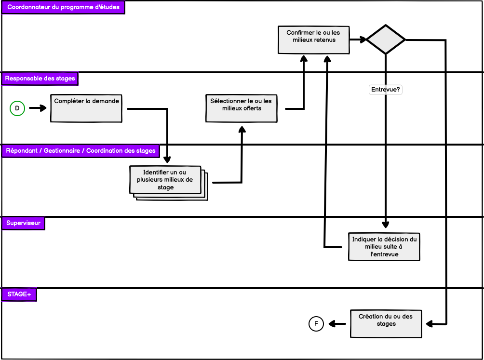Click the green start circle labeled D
pos(17,108)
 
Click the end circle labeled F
pos(316,324)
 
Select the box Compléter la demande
pos(86,108)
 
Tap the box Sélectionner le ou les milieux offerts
pos(241,108)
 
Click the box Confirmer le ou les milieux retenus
pos(314,40)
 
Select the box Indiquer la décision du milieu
pos(384,246)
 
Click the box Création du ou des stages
pos(386,323)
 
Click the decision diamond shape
pos(386,40)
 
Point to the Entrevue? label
pos(386,90)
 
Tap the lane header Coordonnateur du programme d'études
pos(63,8)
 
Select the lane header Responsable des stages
pos(40,78)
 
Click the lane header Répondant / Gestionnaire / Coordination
pos(81,151)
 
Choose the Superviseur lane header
pos(23,223)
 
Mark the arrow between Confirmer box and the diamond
pos(357,40)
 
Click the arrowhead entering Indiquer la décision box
pos(386,224)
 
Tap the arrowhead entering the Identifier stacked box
pos(167,160)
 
